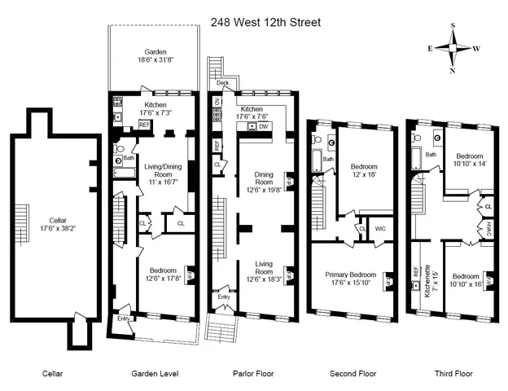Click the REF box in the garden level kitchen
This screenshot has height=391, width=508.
(x=144, y=125)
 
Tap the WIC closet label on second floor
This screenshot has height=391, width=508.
(x=379, y=229)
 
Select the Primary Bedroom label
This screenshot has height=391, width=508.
(x=352, y=275)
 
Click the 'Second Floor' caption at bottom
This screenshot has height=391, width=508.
(x=352, y=373)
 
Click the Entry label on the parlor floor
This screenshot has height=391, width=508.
(x=223, y=298)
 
